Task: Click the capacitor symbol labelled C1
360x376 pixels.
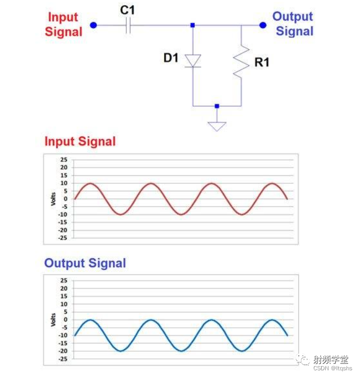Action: coord(128,25)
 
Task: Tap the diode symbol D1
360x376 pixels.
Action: coord(193,60)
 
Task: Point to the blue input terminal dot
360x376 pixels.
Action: coord(93,25)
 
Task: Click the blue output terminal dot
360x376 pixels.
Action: coord(263,25)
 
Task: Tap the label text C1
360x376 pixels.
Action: coord(127,9)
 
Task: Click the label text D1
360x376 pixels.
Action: coord(171,58)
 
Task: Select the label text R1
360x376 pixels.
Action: coord(262,63)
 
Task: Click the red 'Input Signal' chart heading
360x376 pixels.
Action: coord(80,141)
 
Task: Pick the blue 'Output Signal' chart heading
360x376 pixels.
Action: coord(85,263)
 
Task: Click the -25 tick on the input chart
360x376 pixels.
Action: coord(63,238)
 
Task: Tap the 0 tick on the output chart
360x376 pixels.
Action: coord(65,319)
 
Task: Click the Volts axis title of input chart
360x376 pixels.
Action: coord(53,199)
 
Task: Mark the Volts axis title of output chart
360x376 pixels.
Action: coord(53,319)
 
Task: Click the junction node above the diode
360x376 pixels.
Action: coord(193,25)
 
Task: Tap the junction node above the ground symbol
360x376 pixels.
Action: coord(217,106)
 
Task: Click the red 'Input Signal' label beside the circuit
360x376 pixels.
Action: coord(64,24)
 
